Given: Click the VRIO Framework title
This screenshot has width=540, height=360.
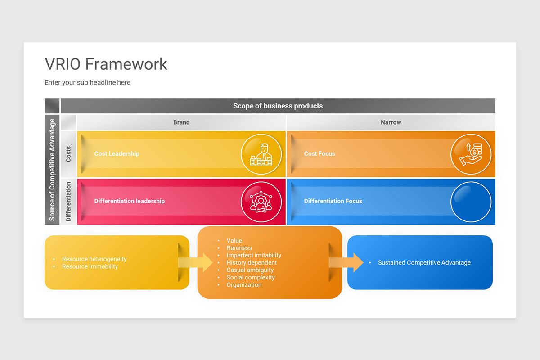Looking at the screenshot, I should pos(106,64).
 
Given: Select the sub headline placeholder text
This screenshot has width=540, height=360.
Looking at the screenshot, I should pos(87,83).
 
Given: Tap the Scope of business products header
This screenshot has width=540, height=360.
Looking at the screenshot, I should pos(278,106).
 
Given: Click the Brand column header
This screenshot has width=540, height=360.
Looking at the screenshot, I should pos(181,122).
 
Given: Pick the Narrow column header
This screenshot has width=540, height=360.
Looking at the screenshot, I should pos(391,122).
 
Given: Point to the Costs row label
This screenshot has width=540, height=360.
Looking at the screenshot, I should pos(68,154).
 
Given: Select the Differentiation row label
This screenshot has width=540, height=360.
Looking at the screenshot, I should pos(68,202).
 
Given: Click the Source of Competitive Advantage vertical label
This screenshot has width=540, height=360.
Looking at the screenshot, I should pos(52,170).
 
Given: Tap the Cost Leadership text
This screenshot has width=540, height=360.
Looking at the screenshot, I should pos(117,154).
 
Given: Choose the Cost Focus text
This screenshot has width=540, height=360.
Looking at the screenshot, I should pos(319,154).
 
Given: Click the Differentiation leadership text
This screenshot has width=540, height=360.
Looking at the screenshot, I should pos(129,201).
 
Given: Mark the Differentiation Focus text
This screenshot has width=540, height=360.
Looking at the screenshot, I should pos(333,201).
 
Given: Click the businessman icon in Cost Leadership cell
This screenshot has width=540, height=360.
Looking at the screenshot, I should pos(261,154).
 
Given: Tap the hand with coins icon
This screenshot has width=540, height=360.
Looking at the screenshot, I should pos(471,154).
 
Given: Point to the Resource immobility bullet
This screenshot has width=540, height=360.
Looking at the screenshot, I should pos(90,266).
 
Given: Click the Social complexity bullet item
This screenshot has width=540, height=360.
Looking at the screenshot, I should pos(251,278).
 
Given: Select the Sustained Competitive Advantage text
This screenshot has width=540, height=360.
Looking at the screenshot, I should pos(424,263).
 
